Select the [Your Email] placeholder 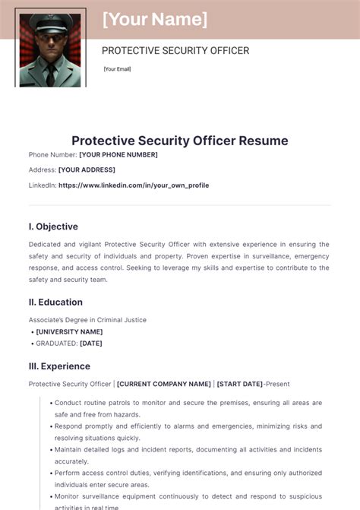tap(118, 69)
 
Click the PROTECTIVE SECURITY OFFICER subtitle tap(175, 51)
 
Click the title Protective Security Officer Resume tap(180, 141)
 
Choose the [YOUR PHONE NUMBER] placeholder tap(118, 155)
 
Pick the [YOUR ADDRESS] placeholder tap(87, 169)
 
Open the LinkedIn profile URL tap(134, 185)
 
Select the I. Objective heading tap(53, 226)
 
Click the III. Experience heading tap(59, 366)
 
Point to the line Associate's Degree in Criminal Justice tap(87, 320)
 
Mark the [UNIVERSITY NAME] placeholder tap(69, 331)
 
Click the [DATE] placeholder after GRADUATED tap(90, 344)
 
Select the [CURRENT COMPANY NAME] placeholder tap(164, 384)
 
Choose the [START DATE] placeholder tap(240, 384)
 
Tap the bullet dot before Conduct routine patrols tap(51, 403)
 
